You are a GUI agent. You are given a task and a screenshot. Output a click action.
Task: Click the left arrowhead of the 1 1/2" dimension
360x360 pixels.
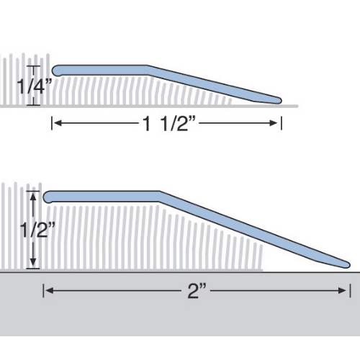[x=58, y=125]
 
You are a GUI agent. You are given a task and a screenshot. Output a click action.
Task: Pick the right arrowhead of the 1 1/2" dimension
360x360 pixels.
[x=276, y=125]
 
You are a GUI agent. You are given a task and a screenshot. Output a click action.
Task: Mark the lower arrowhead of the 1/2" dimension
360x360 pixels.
[x=32, y=266]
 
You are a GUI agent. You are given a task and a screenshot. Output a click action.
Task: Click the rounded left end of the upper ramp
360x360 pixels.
[x=57, y=69]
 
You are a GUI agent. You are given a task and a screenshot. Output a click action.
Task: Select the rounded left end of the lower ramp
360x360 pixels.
[x=48, y=196]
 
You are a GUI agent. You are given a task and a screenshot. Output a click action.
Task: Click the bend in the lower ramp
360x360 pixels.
[x=159, y=194]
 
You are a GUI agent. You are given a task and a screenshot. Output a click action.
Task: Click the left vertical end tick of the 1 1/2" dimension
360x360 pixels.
[x=52, y=125]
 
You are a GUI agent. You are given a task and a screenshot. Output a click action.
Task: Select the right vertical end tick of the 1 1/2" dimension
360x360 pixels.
[x=281, y=125]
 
